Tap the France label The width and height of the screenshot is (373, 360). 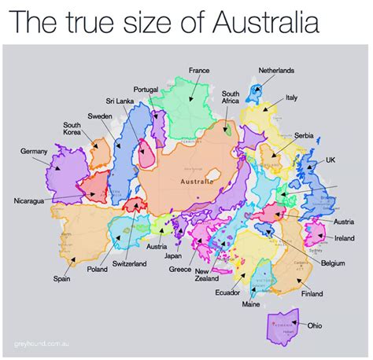pos(199,71)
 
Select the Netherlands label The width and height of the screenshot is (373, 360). pos(276,71)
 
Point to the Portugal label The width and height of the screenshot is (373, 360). pos(146,89)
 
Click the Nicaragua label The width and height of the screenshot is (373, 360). pos(33,201)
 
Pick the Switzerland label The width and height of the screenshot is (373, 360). pos(129,263)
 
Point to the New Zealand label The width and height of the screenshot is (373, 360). pos(207,274)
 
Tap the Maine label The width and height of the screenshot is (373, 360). pos(251,303)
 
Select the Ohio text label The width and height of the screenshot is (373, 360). pos(315,325)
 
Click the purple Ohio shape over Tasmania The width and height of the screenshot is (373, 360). pos(282,324)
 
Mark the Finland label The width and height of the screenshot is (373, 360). pos(312,294)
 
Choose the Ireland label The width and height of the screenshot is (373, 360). pos(344,237)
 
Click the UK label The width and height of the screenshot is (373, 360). pos(330,158)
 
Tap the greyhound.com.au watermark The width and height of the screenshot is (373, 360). pos(39,343)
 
